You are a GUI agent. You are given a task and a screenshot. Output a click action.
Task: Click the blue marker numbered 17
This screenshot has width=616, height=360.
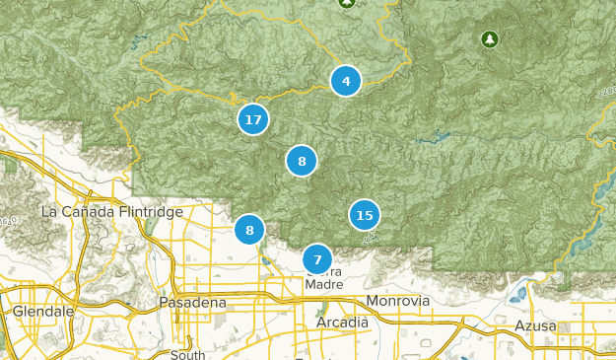(253, 119)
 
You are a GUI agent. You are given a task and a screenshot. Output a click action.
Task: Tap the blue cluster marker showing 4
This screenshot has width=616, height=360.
(345, 81)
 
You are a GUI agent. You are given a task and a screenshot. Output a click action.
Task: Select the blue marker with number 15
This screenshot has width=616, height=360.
(365, 214)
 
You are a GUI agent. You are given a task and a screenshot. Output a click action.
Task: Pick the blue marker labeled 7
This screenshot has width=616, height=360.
(317, 260)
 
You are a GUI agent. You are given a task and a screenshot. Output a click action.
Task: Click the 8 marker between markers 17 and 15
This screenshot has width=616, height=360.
(302, 161)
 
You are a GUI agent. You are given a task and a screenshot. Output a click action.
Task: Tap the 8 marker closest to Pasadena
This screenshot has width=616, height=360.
(249, 230)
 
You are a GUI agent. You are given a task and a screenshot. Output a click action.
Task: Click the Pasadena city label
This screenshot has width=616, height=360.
(193, 303)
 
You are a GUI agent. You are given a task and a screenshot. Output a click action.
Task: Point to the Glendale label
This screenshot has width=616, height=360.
(44, 311)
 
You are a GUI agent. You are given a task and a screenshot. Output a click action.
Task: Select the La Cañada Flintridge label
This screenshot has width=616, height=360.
(112, 212)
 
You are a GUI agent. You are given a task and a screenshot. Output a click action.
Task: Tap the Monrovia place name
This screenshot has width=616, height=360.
(398, 300)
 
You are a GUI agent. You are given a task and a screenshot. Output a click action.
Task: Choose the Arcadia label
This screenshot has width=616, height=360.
(342, 323)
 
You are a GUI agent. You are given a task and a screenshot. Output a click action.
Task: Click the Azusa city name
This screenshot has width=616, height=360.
(535, 325)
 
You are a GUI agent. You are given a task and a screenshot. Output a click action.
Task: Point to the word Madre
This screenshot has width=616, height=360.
(324, 284)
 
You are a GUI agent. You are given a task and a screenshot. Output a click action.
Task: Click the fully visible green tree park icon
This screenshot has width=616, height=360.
(489, 39)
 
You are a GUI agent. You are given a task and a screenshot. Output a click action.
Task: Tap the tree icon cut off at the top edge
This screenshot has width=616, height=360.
(346, 3)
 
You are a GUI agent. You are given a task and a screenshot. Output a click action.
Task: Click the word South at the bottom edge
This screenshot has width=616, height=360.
(187, 354)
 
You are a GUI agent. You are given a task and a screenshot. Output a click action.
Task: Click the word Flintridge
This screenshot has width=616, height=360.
(149, 212)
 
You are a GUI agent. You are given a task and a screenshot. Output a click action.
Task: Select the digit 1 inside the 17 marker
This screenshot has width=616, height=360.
(248, 119)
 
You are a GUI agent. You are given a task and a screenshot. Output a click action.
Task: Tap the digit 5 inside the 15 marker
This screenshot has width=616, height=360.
(370, 214)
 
